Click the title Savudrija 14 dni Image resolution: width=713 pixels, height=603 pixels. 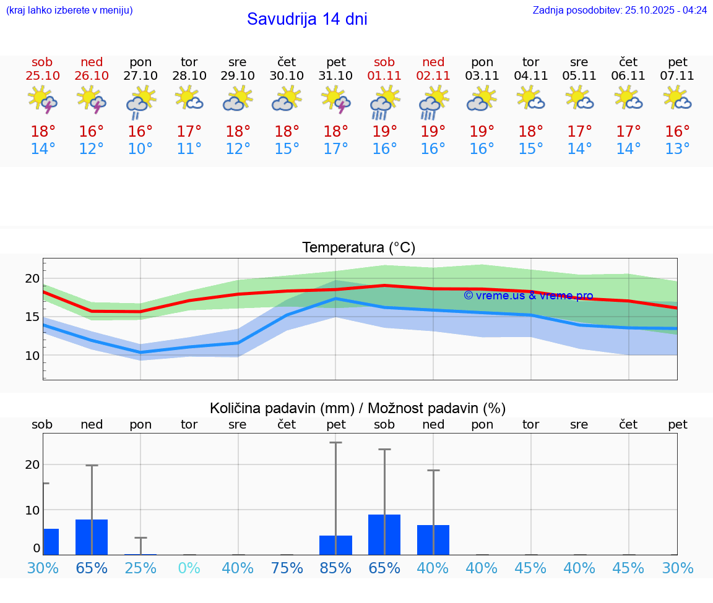(x=307, y=19)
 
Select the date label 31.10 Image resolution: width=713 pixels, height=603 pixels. (x=335, y=75)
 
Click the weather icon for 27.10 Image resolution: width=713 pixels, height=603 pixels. (x=140, y=101)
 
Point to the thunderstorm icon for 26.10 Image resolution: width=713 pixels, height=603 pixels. (x=92, y=100)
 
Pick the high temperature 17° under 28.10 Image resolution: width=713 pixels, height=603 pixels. (x=189, y=131)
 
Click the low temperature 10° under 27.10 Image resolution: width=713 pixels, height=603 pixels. (x=140, y=148)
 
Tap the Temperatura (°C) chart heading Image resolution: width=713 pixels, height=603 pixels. (x=358, y=247)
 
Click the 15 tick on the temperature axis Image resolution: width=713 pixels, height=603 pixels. (x=32, y=317)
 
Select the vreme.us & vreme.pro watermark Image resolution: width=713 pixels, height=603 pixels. (x=529, y=296)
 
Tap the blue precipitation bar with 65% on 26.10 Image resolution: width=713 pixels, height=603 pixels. (x=92, y=537)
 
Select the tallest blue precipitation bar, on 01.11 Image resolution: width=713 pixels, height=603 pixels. (x=384, y=534)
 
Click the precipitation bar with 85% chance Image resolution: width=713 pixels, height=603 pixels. (x=335, y=545)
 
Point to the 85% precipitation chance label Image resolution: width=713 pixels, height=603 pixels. (x=335, y=568)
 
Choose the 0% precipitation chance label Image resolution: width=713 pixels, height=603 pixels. (x=189, y=568)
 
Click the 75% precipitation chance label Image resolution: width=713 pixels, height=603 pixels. (x=287, y=568)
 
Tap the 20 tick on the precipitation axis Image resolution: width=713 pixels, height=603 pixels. (x=32, y=464)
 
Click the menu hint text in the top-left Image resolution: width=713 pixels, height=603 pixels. (x=69, y=10)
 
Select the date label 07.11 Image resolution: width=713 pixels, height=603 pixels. (x=677, y=75)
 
